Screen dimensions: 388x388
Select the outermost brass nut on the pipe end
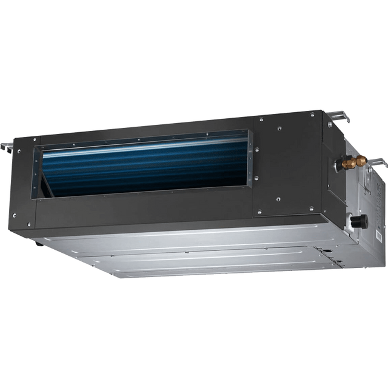pos(361,161)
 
